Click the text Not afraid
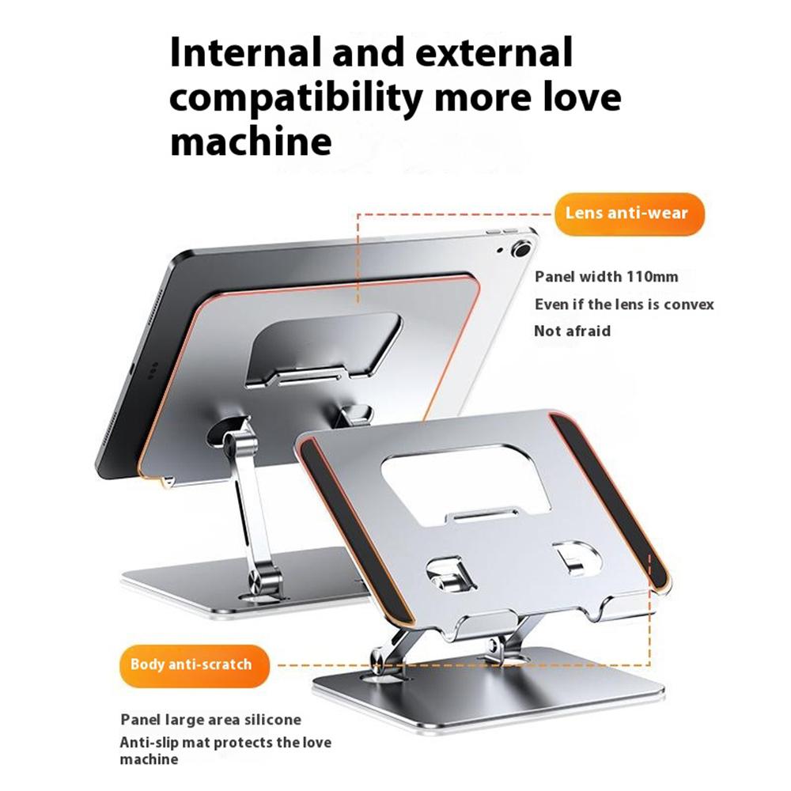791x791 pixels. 572,331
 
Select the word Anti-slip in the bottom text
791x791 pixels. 151,743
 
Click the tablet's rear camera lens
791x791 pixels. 520,250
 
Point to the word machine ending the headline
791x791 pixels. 251,142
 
